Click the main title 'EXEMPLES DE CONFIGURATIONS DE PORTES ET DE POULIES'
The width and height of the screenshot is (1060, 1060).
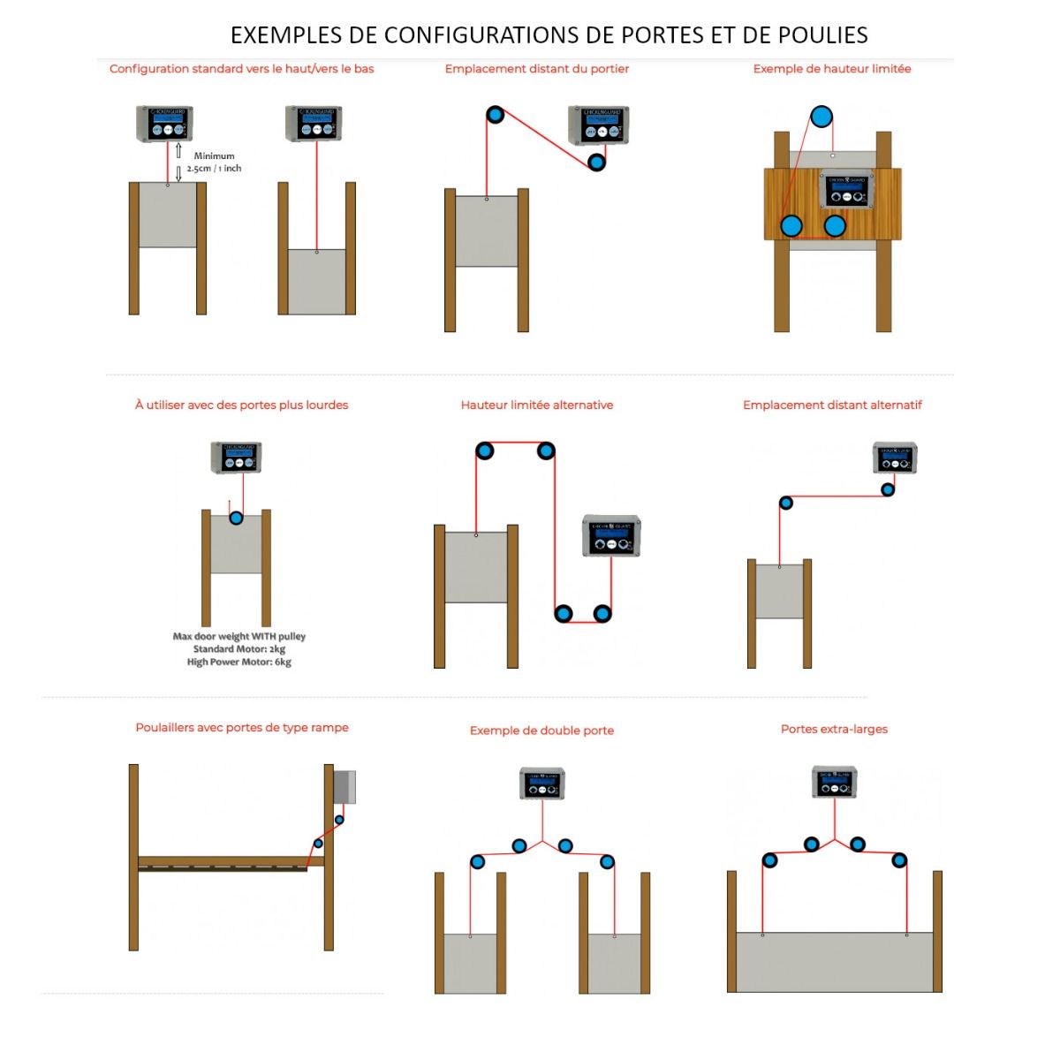[549, 35]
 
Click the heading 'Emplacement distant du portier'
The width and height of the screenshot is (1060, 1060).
[537, 69]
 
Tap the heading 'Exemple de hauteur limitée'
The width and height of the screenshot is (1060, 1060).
[831, 69]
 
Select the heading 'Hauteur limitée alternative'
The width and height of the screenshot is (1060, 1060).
[536, 405]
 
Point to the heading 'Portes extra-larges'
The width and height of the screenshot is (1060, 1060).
[834, 730]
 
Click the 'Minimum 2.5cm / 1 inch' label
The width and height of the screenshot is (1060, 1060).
[214, 163]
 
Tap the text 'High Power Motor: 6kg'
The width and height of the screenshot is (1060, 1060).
[238, 662]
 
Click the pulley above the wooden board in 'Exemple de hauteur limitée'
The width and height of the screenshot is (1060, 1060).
[821, 117]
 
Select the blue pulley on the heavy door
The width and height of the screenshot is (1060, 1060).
[236, 518]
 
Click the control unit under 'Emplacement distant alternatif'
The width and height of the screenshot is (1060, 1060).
[895, 458]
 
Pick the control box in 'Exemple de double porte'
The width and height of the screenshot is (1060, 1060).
[541, 784]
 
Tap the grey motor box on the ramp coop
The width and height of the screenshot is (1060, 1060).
[344, 787]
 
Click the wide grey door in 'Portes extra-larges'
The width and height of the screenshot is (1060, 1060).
[835, 962]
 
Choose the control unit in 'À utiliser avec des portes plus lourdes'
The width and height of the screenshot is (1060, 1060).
[237, 458]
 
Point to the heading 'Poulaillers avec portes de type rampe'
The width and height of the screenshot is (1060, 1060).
[242, 728]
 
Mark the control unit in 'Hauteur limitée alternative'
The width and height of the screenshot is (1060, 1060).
[611, 536]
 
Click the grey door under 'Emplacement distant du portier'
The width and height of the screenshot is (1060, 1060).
[487, 231]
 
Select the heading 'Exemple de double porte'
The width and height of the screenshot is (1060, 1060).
[541, 731]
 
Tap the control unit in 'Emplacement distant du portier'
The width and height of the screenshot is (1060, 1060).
[599, 125]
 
